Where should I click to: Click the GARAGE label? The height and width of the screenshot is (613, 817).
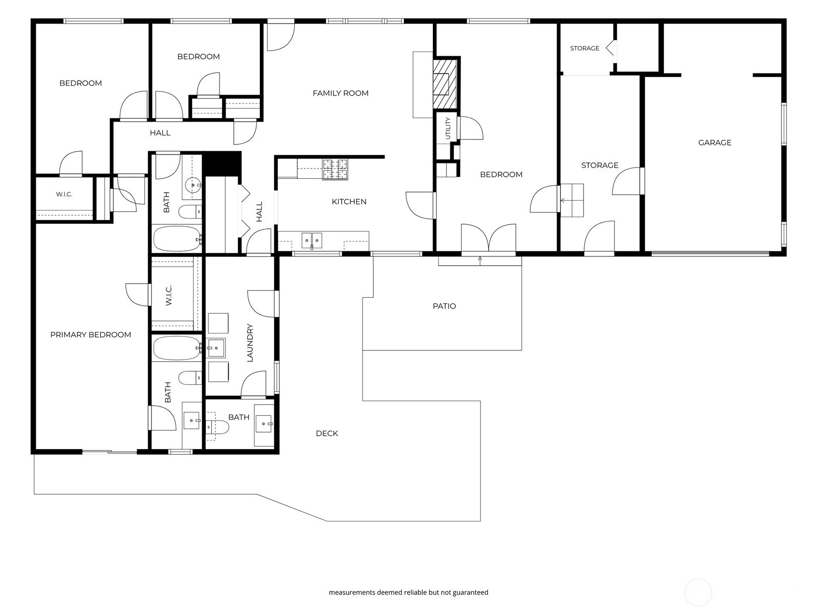click(714, 143)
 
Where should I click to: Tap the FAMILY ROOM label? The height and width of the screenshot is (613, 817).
click(340, 93)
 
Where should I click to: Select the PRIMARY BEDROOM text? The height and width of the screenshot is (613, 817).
click(90, 335)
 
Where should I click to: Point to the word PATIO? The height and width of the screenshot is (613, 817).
click(444, 306)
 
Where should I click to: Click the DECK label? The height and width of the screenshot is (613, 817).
click(327, 433)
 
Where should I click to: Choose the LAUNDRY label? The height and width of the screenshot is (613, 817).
click(250, 343)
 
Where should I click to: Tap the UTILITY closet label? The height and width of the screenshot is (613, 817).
click(448, 128)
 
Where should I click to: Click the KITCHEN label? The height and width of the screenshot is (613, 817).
click(349, 202)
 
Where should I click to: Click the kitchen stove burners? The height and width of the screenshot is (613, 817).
click(335, 170)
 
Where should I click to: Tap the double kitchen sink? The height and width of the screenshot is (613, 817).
click(311, 241)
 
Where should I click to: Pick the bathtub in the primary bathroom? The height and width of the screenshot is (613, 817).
click(177, 348)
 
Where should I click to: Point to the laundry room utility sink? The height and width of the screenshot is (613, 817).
click(216, 348)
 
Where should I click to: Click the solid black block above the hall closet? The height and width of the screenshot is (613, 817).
click(222, 164)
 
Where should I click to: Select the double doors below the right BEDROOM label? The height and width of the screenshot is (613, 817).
click(488, 238)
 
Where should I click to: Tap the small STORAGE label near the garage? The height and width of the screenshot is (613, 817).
click(584, 49)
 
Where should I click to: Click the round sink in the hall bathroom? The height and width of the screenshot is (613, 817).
click(193, 184)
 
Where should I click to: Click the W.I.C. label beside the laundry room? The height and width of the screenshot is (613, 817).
click(168, 295)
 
